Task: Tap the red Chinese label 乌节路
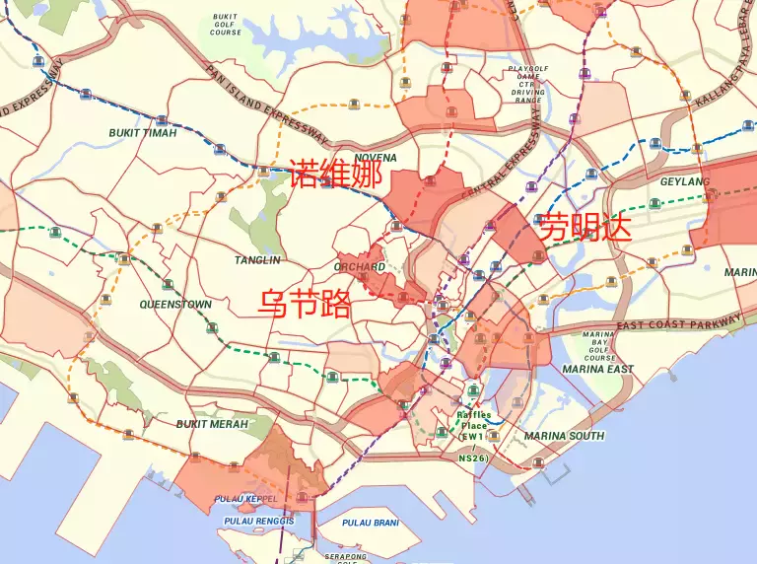(305, 303)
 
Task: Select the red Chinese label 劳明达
(585, 225)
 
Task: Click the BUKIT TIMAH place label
(144, 132)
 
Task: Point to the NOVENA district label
(375, 158)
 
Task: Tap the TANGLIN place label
(257, 260)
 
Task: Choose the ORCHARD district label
(359, 267)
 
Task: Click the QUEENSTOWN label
(175, 305)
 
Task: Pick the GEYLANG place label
(684, 182)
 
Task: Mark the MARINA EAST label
(598, 369)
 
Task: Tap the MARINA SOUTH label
(564, 436)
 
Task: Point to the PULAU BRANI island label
(370, 523)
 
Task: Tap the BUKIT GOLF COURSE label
(226, 25)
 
